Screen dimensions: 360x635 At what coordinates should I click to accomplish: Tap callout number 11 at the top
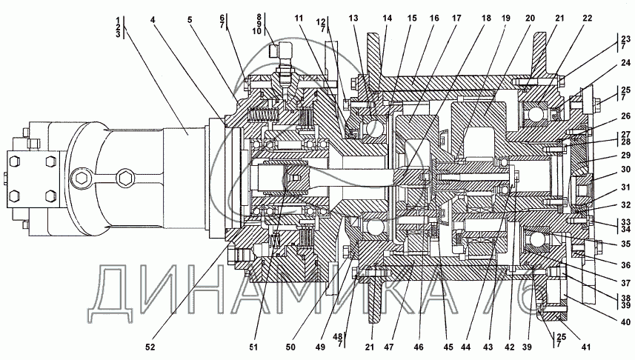299,18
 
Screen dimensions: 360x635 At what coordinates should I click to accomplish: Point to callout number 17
457,18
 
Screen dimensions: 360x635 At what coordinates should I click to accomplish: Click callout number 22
588,18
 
